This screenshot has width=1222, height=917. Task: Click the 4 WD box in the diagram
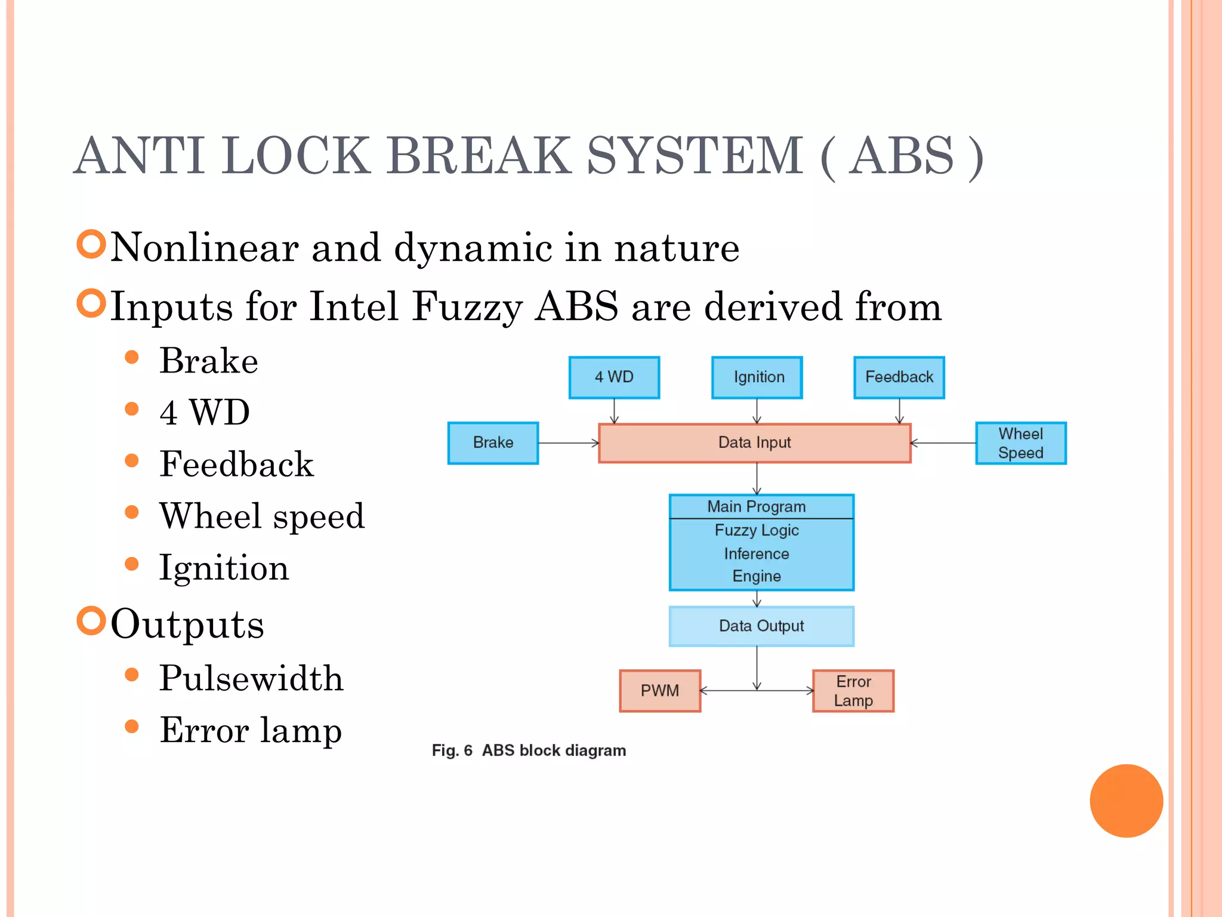click(614, 377)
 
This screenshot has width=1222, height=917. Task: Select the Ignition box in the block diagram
click(757, 377)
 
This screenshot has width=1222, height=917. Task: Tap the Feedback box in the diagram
click(899, 377)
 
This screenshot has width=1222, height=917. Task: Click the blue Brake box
click(493, 443)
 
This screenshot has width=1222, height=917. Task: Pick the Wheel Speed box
click(1020, 443)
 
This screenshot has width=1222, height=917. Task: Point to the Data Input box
click(754, 443)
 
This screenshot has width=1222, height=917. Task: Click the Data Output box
click(761, 626)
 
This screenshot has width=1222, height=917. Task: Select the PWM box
click(660, 691)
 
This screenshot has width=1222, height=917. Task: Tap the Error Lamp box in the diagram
click(853, 691)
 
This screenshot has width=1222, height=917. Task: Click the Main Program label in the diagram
click(756, 507)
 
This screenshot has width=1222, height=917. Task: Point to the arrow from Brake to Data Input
click(568, 443)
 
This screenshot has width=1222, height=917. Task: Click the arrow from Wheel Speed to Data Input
click(943, 443)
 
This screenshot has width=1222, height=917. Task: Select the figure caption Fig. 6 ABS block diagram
click(529, 750)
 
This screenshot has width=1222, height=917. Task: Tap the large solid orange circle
click(1126, 801)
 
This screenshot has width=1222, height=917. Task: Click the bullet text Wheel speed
click(261, 516)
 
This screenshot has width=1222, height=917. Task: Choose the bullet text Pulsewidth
click(251, 679)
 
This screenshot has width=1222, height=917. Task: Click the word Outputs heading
click(187, 624)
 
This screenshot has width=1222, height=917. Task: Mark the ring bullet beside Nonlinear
click(91, 244)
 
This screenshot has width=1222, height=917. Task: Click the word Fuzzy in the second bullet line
click(467, 307)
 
